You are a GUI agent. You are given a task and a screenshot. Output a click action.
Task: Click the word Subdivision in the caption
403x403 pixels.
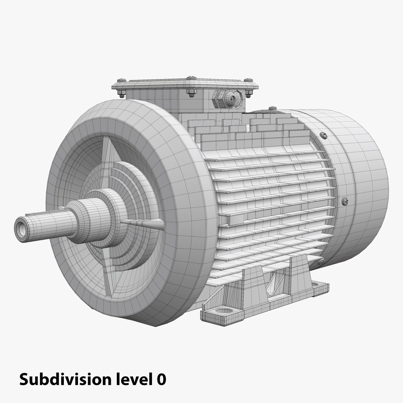point(63,379)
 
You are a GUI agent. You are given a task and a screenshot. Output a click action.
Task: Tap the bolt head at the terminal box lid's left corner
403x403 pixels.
point(122,81)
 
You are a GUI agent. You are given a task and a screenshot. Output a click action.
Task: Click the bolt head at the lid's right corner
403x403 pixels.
point(249,81)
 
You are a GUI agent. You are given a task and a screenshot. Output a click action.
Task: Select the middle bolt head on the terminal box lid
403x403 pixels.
point(191,78)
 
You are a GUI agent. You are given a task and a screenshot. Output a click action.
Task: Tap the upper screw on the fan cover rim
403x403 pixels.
point(324,135)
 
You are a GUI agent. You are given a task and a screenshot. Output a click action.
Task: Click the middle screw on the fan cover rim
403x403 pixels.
point(345,201)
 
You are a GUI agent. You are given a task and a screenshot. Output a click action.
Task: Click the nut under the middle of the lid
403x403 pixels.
point(191,92)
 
